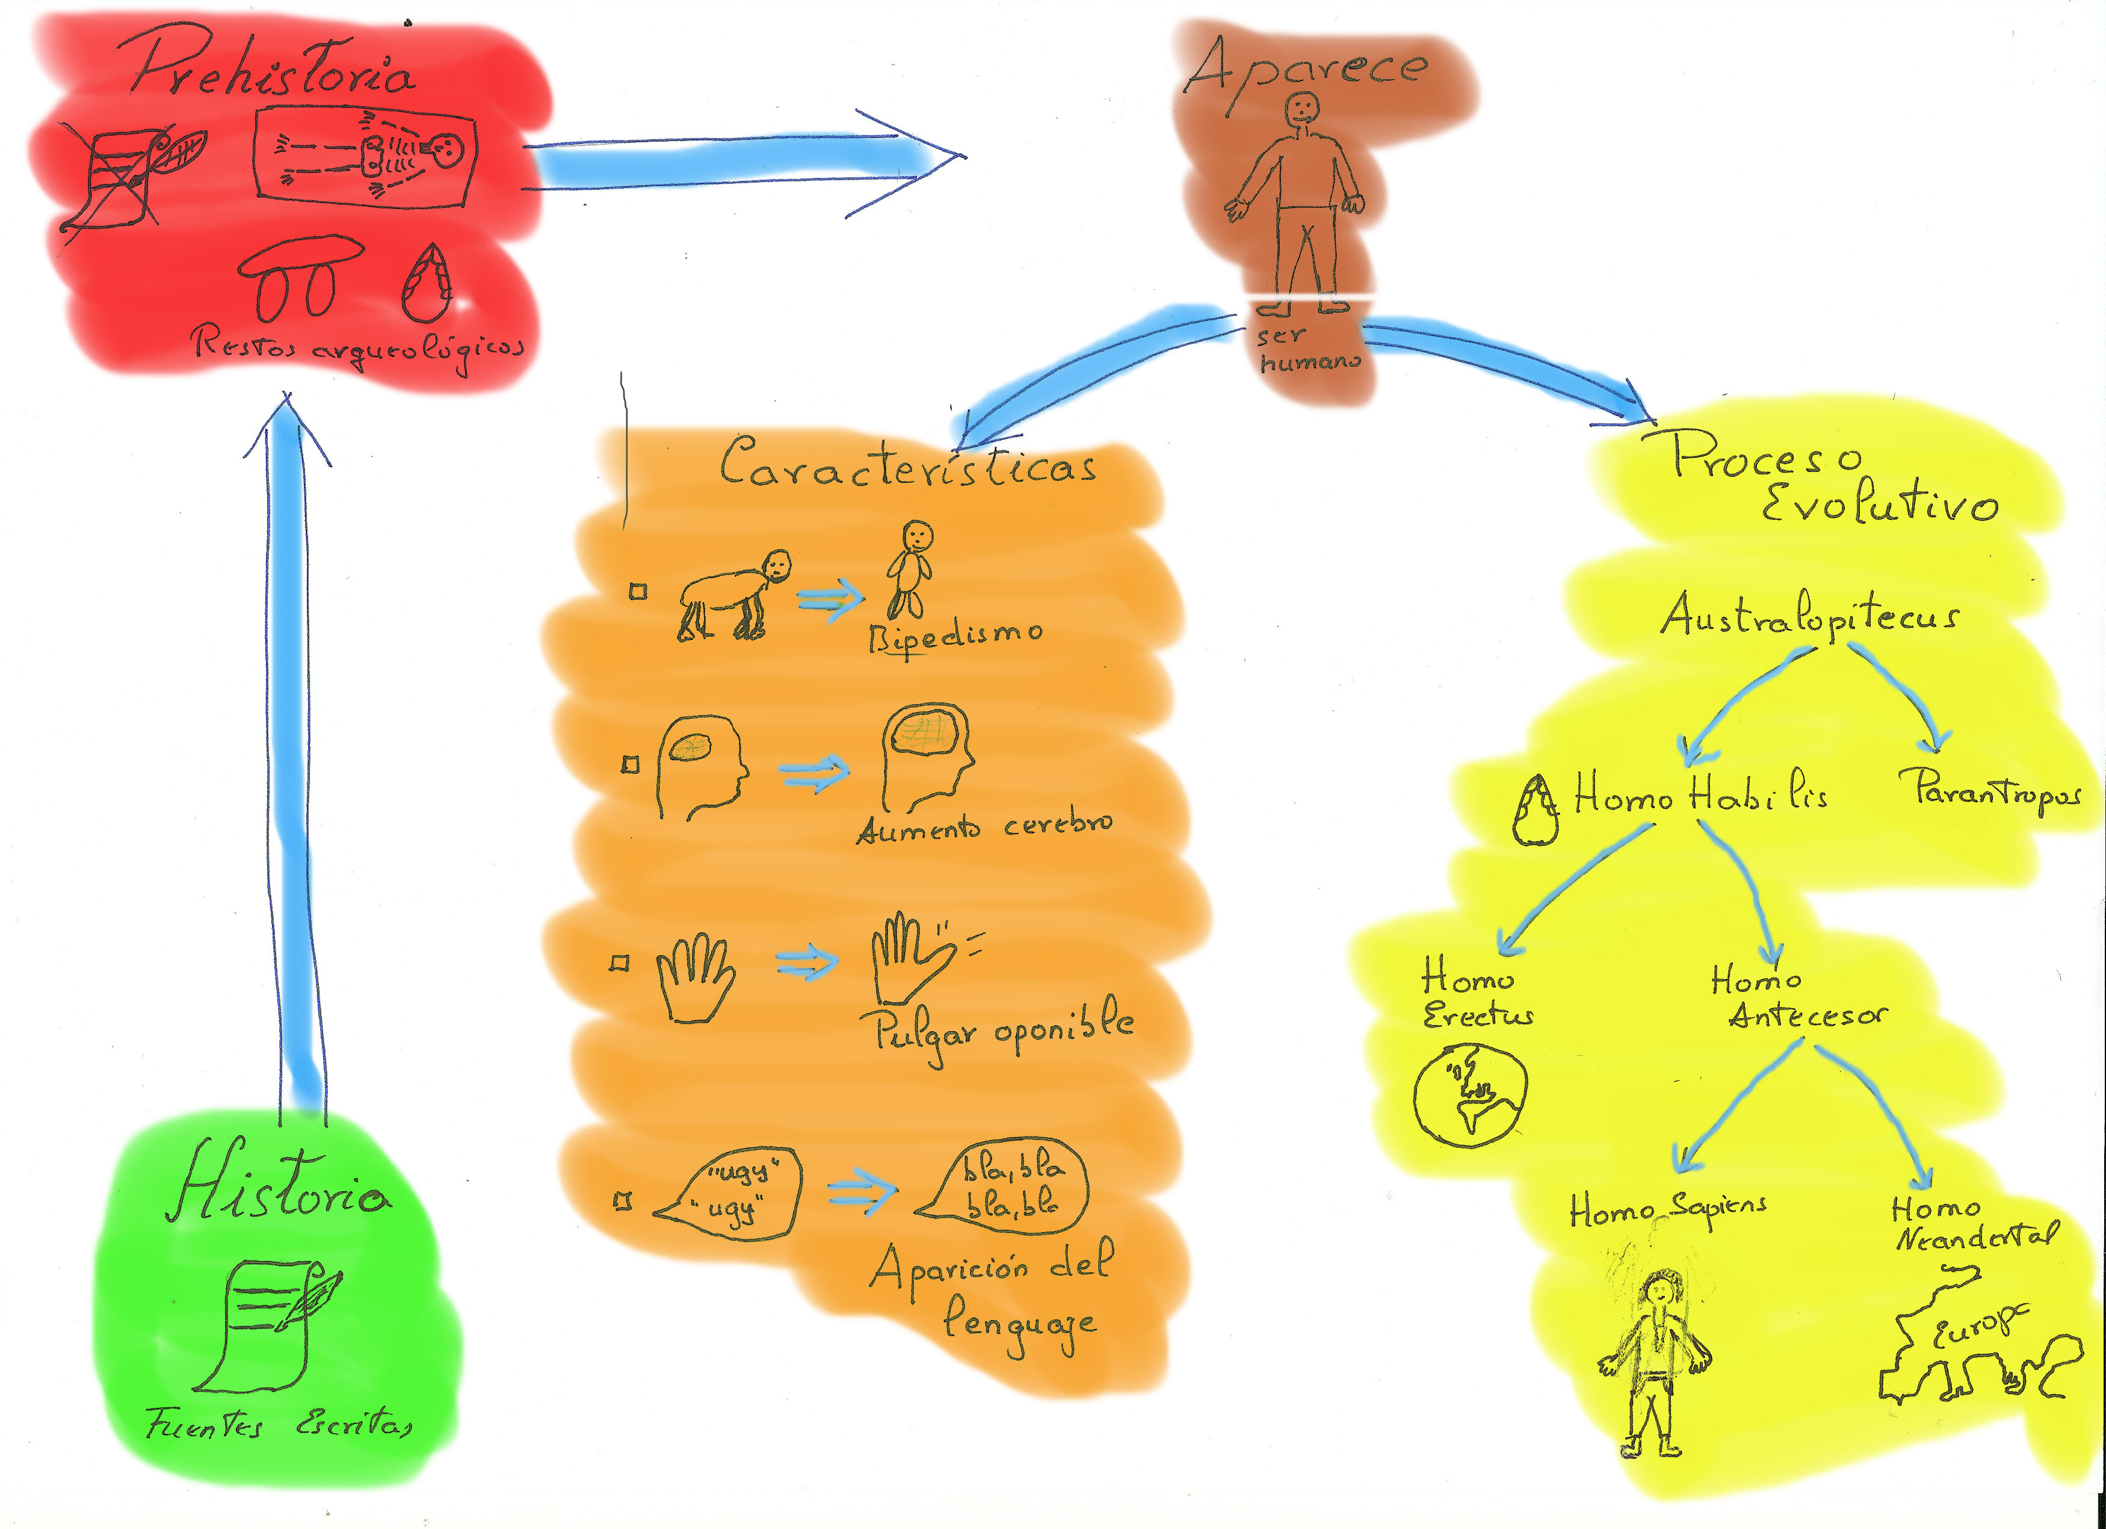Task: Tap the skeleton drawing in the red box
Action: [367, 154]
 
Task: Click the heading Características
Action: [908, 465]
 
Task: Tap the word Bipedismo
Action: [955, 636]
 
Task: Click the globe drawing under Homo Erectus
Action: [1470, 1094]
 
